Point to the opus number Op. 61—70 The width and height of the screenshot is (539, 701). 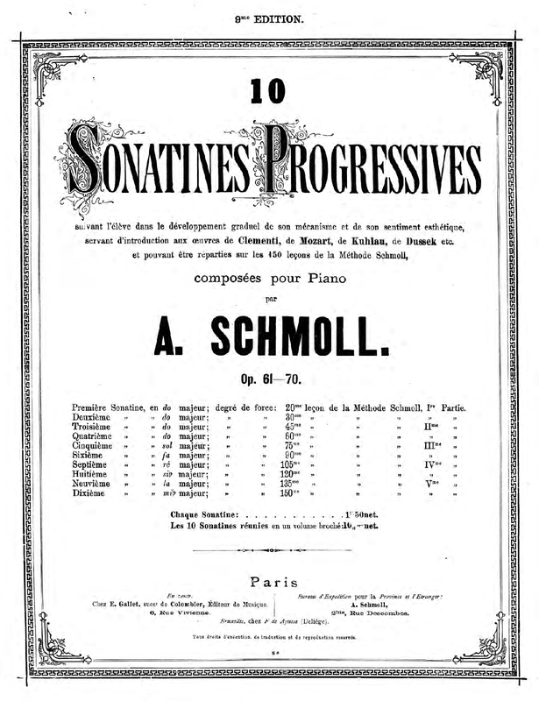(x=269, y=379)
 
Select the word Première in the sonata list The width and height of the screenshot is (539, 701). (x=95, y=408)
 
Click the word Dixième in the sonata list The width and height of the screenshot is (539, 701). (x=89, y=493)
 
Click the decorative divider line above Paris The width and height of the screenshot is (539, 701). (x=269, y=550)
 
